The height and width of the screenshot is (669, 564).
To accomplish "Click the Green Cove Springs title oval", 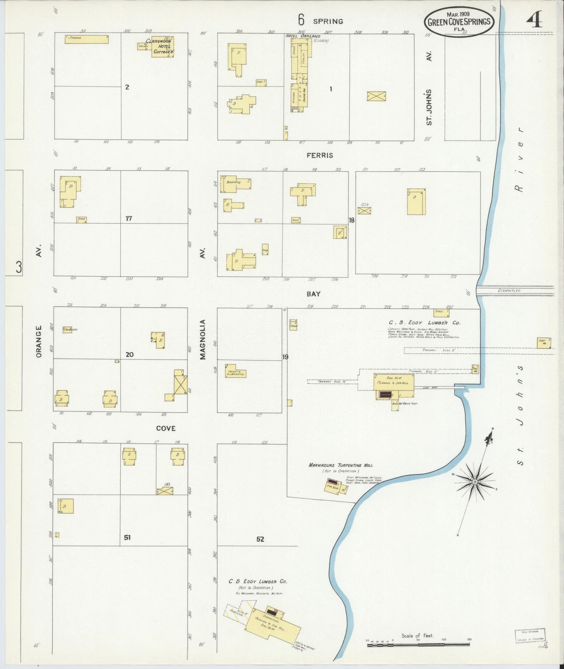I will click(x=459, y=21).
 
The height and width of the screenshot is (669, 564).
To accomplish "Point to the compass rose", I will click(x=475, y=482).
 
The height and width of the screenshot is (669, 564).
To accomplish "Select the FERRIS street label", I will click(x=320, y=155).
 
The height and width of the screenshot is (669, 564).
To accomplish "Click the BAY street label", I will click(x=313, y=294).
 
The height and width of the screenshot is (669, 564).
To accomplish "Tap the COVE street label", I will click(x=166, y=428).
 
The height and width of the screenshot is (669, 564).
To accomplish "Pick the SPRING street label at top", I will click(x=328, y=21).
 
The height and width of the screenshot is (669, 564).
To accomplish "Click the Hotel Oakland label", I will click(x=302, y=36).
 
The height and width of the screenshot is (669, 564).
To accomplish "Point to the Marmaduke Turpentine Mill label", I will click(x=340, y=465).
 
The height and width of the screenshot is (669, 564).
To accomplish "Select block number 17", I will click(x=128, y=219).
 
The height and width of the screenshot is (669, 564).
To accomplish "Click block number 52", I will click(x=260, y=539).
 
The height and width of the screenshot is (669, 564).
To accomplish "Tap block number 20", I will click(x=130, y=354).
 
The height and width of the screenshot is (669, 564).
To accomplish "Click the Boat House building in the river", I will click(x=544, y=343).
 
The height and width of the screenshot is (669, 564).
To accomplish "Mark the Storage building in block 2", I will click(x=87, y=39).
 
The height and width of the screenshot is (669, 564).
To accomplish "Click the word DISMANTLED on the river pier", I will click(x=509, y=291).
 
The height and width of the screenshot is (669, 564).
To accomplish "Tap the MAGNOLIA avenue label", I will click(x=203, y=339).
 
